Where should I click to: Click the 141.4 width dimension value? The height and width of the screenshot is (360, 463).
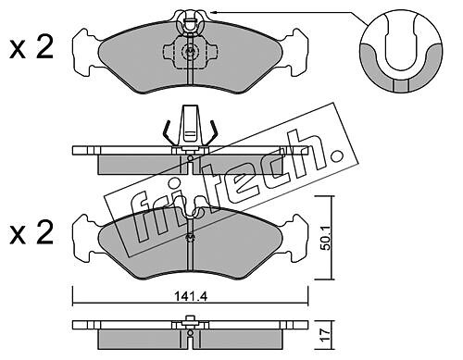point(191,297)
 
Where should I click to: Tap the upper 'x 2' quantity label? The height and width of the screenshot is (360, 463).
point(31,47)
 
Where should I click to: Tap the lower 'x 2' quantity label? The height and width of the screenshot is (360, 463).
point(31,232)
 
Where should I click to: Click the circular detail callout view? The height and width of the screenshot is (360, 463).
point(400,53)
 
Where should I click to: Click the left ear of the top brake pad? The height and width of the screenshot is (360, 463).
point(86,52)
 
